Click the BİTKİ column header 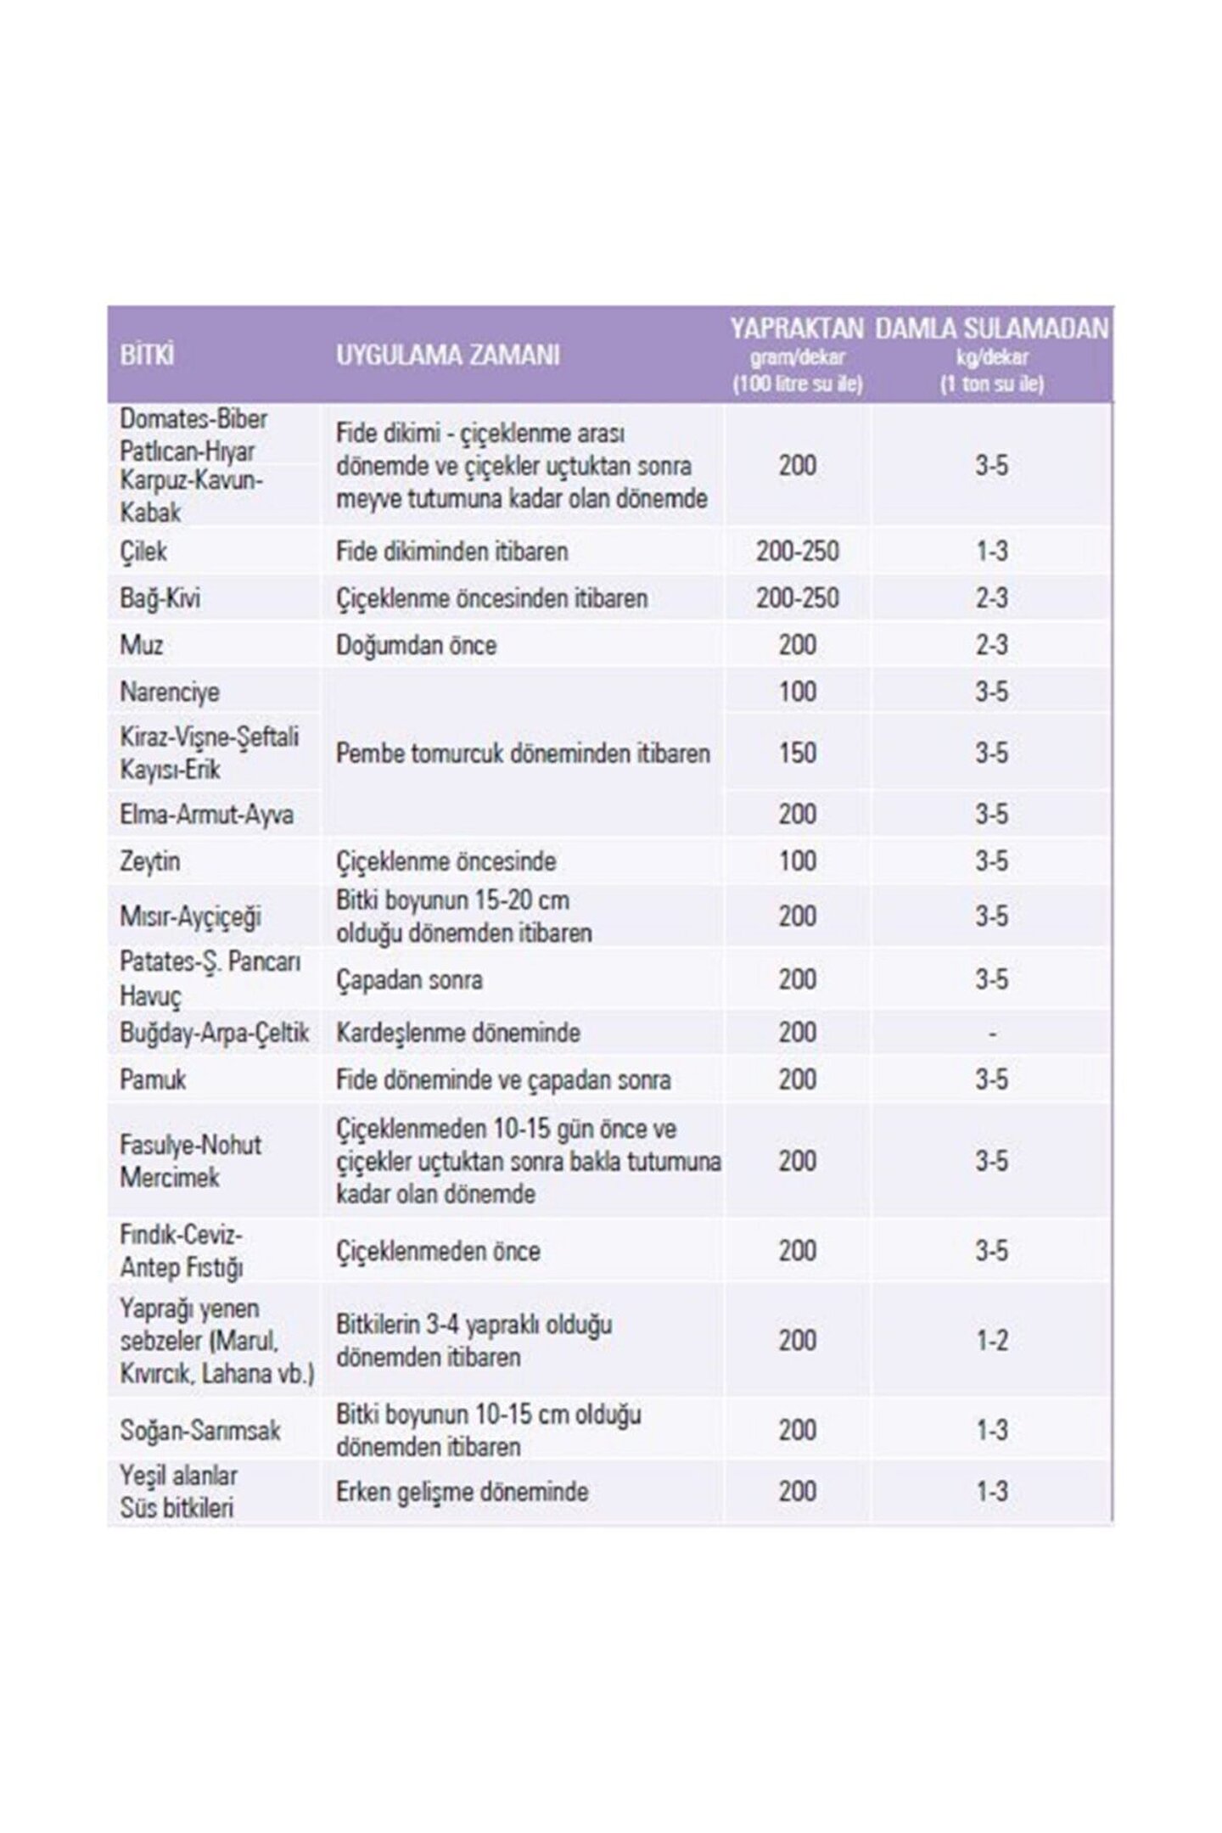pos(147,355)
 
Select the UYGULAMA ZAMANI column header pos(447,355)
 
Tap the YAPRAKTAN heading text pos(797,328)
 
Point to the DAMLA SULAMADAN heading pos(991,328)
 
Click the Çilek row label pos(143,552)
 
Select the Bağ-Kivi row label pos(160,598)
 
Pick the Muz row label pos(141,645)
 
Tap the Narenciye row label pos(169,692)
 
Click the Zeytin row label pos(149,861)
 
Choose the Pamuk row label pos(153,1079)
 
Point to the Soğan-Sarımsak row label pos(200,1430)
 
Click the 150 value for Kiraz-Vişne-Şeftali pos(797,753)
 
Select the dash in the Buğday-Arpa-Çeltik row pos(991,1034)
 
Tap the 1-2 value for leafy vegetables pos(991,1341)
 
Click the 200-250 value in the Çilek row pos(797,552)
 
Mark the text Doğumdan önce pos(416,645)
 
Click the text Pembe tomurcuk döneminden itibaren pos(522,753)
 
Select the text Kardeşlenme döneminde pos(458,1033)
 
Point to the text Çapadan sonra pos(409,979)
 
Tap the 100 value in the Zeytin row pos(797,861)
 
